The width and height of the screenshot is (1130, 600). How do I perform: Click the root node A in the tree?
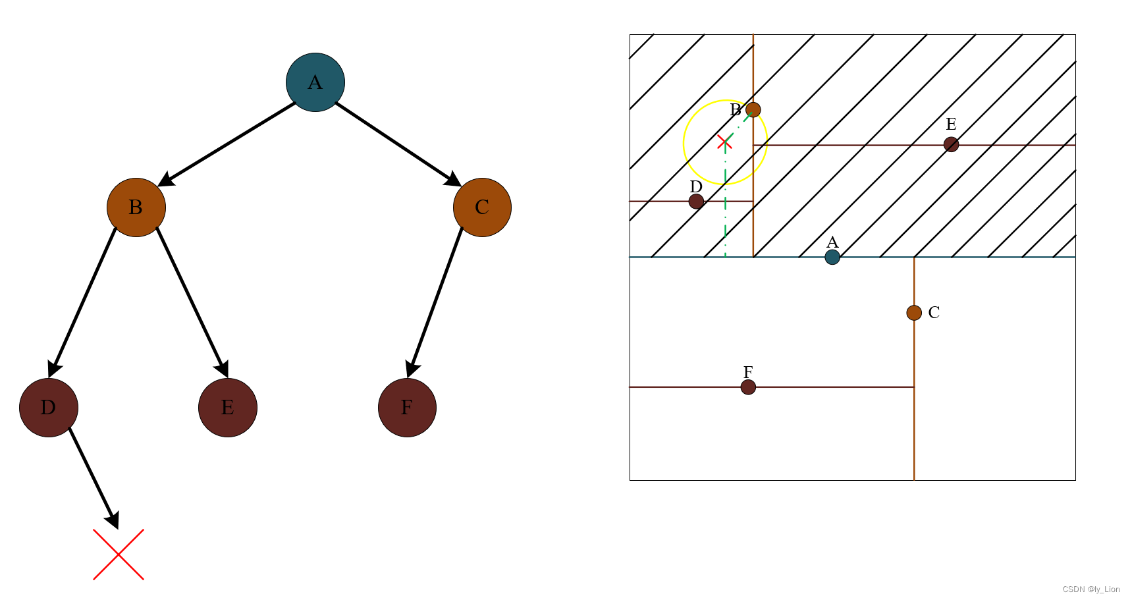click(x=315, y=82)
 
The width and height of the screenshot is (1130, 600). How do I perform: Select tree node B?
click(x=136, y=207)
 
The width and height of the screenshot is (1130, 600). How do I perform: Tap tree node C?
click(x=482, y=207)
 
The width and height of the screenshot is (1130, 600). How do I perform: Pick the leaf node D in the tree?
click(x=49, y=408)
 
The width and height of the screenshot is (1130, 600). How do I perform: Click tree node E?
click(x=228, y=408)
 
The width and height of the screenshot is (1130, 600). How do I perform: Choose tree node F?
click(x=407, y=408)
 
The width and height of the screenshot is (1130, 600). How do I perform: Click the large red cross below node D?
click(x=119, y=555)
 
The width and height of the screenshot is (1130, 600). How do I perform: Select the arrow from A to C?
click(x=398, y=144)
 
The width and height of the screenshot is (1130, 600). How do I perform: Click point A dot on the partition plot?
click(x=832, y=257)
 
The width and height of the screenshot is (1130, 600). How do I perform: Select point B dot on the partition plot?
click(x=753, y=110)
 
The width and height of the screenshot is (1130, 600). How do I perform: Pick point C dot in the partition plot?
click(x=914, y=313)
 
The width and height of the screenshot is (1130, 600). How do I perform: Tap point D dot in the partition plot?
click(x=696, y=202)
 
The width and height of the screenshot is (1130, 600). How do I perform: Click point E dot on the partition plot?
click(x=951, y=144)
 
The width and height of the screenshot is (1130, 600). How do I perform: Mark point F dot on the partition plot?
click(x=748, y=387)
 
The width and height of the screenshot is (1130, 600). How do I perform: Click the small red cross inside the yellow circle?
click(x=724, y=142)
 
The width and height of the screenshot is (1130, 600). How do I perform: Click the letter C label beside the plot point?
click(x=934, y=313)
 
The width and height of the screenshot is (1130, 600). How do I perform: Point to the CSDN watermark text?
click(x=1091, y=589)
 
